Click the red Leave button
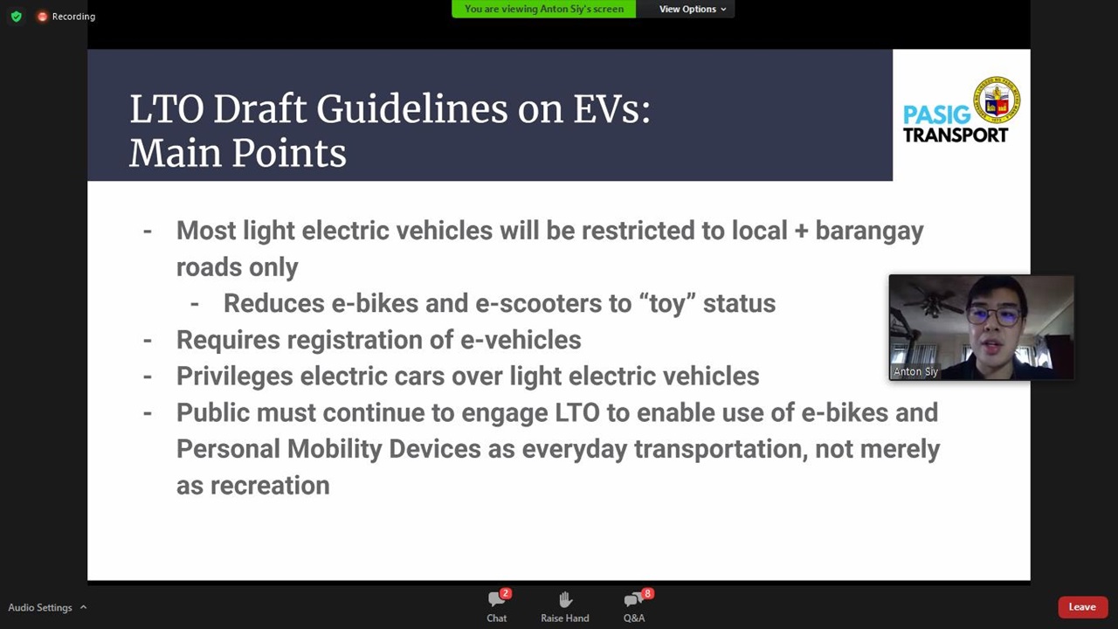(1082, 607)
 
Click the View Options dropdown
(693, 9)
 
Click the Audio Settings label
(40, 607)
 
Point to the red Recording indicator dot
(43, 17)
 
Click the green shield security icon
(17, 17)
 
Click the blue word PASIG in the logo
(937, 114)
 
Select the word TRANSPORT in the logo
(956, 135)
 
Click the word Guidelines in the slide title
(411, 109)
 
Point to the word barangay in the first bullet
(869, 232)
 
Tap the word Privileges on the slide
(235, 377)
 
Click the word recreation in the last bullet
(270, 486)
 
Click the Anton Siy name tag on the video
(915, 371)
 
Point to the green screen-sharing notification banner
(544, 9)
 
